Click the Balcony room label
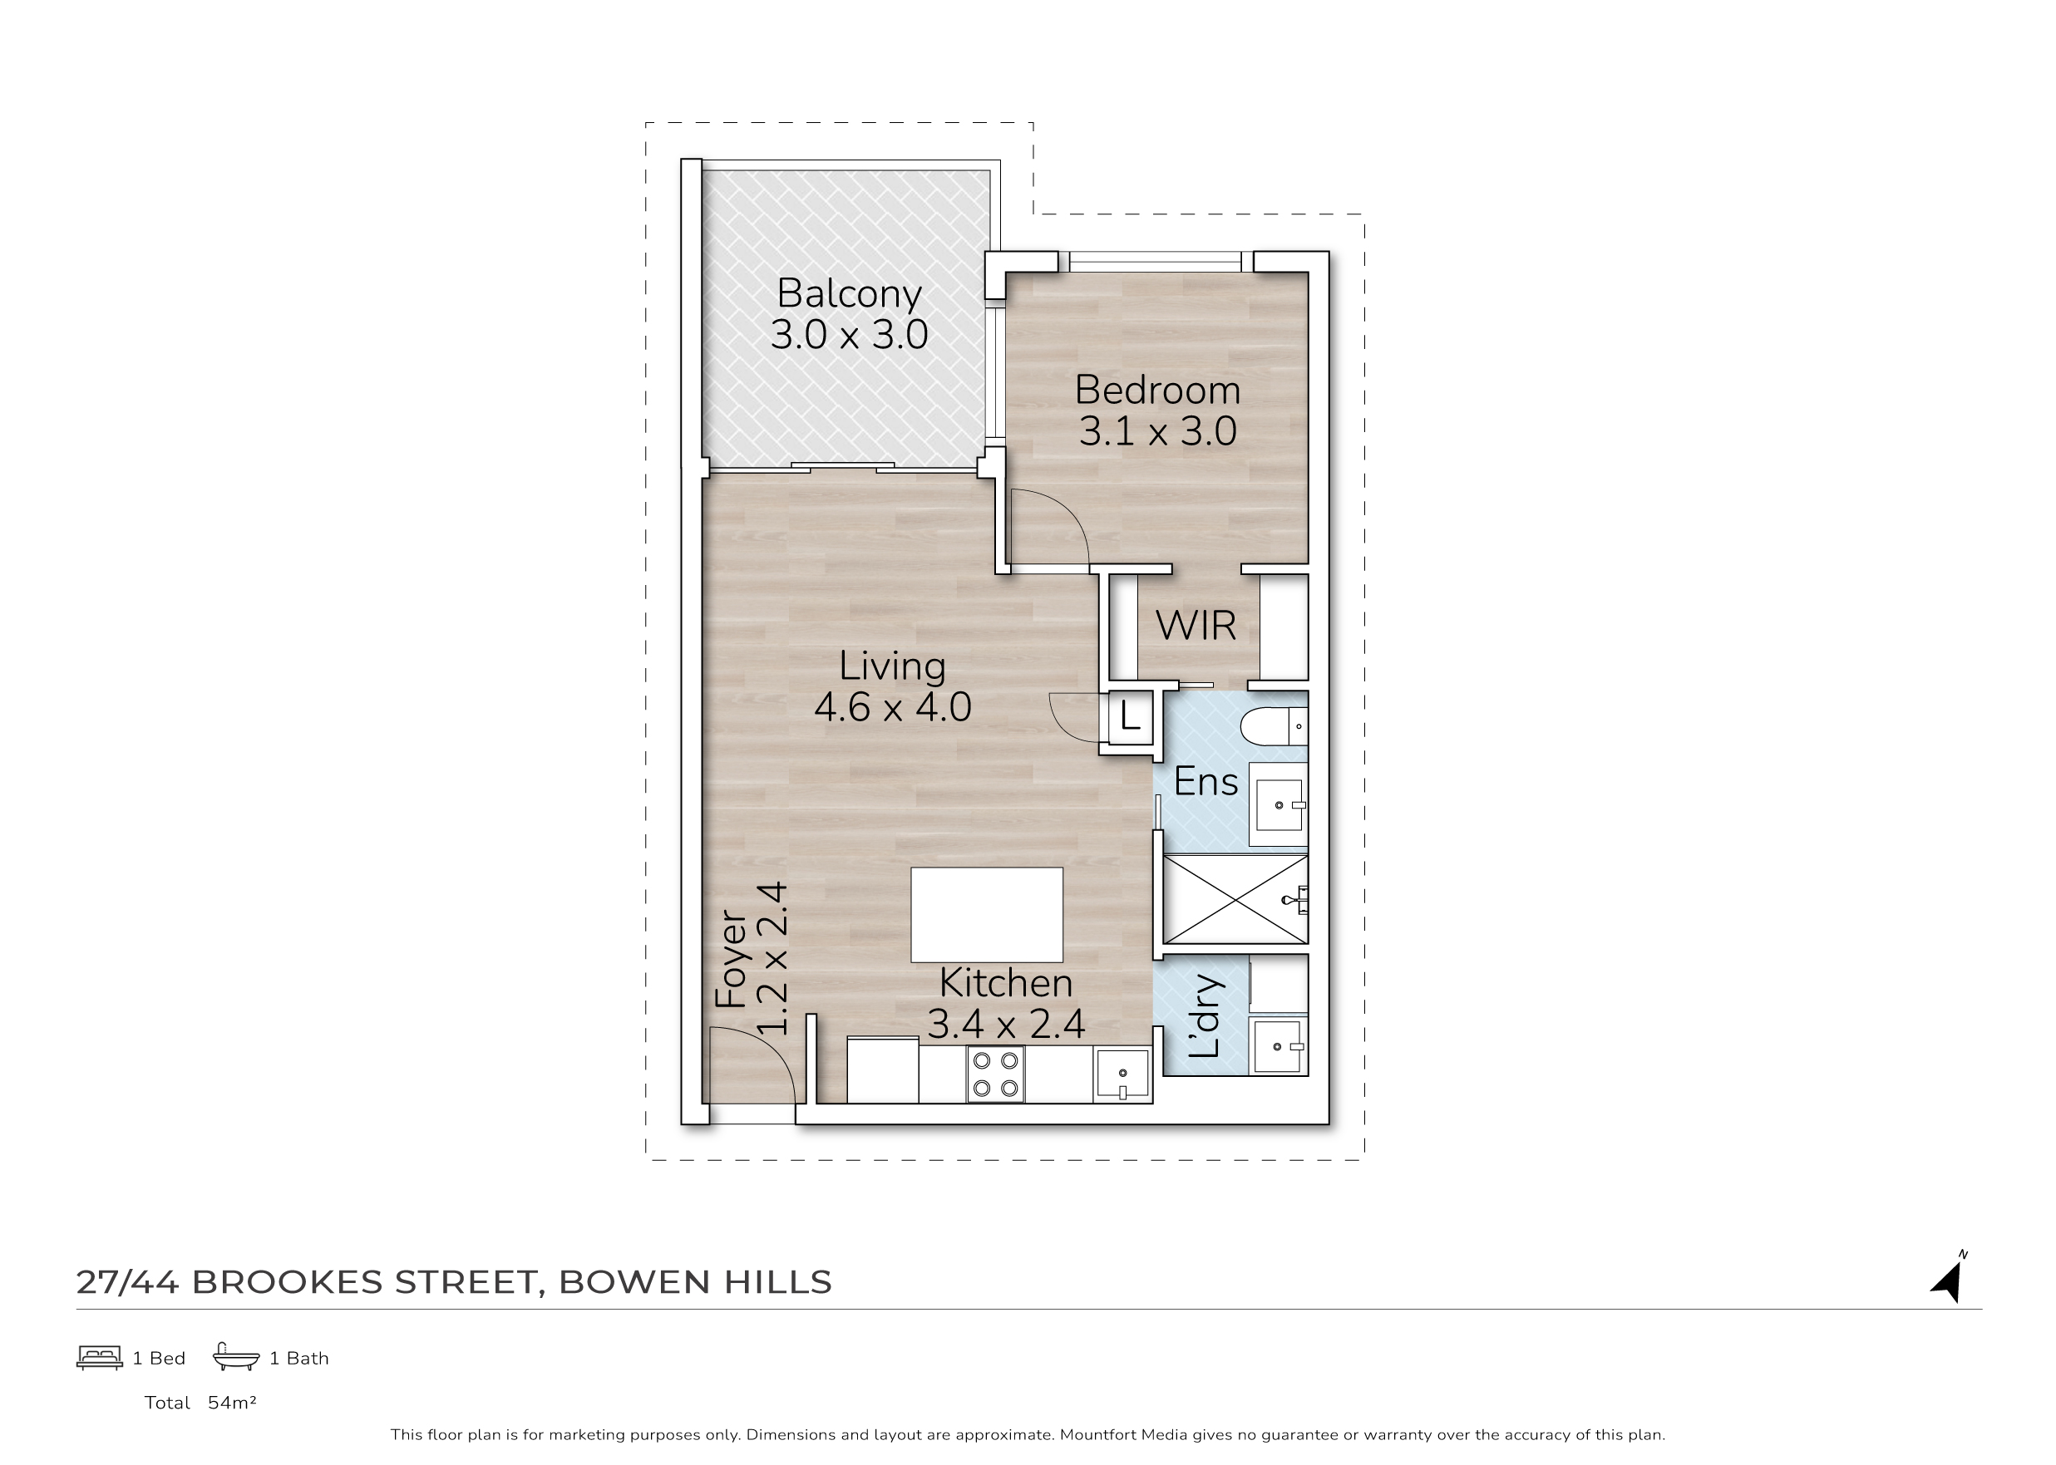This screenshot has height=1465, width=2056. (850, 294)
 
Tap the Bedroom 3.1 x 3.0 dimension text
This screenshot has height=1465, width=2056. (1158, 431)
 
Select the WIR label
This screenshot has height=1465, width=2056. (1196, 625)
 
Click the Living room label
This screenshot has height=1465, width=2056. (893, 666)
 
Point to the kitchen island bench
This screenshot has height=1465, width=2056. (987, 915)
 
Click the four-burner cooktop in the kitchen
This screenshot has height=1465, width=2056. (995, 1074)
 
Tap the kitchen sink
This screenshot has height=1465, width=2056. (1122, 1074)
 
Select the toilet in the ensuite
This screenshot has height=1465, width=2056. (1274, 726)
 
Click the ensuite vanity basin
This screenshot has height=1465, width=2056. (1279, 804)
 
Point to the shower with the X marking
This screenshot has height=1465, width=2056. (1235, 899)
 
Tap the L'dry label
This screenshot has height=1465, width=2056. (1205, 1015)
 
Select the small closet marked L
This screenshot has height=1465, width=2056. (1130, 717)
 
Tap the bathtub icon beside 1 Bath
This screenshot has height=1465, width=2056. (235, 1357)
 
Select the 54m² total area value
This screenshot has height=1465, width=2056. (232, 1403)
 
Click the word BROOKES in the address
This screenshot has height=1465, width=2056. (288, 1282)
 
